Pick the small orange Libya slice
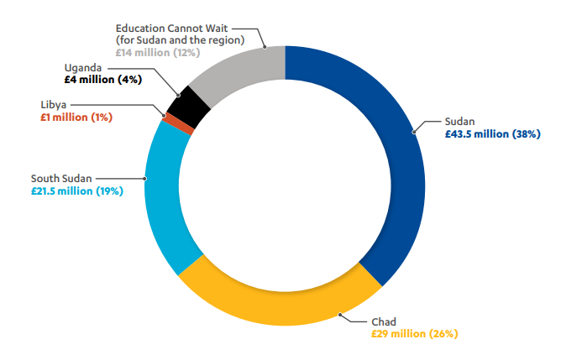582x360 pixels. [166, 121]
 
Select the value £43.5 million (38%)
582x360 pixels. [492, 133]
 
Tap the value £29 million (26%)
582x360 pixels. [414, 333]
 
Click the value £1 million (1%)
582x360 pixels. [76, 117]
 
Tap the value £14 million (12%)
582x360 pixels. [158, 52]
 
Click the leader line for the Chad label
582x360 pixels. [352, 317]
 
